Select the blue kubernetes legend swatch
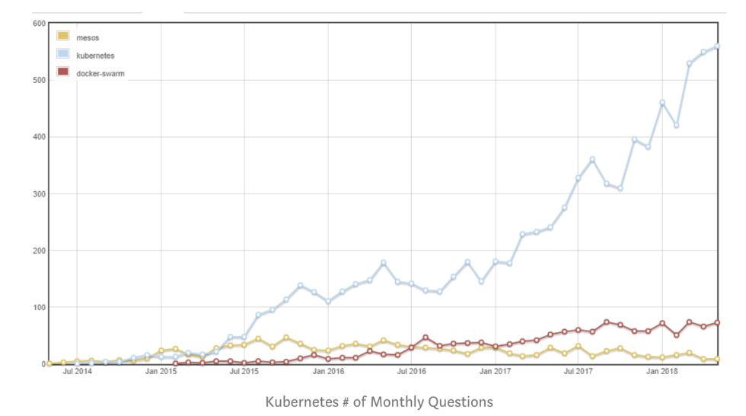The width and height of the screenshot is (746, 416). (63, 54)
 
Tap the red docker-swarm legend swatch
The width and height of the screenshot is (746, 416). (63, 72)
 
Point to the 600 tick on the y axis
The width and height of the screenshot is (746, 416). (39, 23)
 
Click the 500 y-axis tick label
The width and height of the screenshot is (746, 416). (39, 80)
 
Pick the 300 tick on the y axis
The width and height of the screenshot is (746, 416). (39, 194)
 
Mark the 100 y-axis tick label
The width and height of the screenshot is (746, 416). (39, 307)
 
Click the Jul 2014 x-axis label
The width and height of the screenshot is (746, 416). (78, 372)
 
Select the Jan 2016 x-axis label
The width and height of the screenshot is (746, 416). (329, 372)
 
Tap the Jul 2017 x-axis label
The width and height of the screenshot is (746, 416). (579, 372)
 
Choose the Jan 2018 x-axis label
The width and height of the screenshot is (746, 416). (662, 372)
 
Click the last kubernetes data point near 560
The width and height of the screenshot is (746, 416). (717, 46)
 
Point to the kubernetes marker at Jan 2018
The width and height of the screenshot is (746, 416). (662, 103)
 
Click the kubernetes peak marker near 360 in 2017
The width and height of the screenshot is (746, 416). (592, 159)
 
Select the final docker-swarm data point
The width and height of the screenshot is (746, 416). (717, 323)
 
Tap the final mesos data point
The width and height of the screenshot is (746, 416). (717, 359)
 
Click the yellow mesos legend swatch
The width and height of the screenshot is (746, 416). (63, 36)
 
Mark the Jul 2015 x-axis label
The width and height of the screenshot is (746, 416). (245, 372)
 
